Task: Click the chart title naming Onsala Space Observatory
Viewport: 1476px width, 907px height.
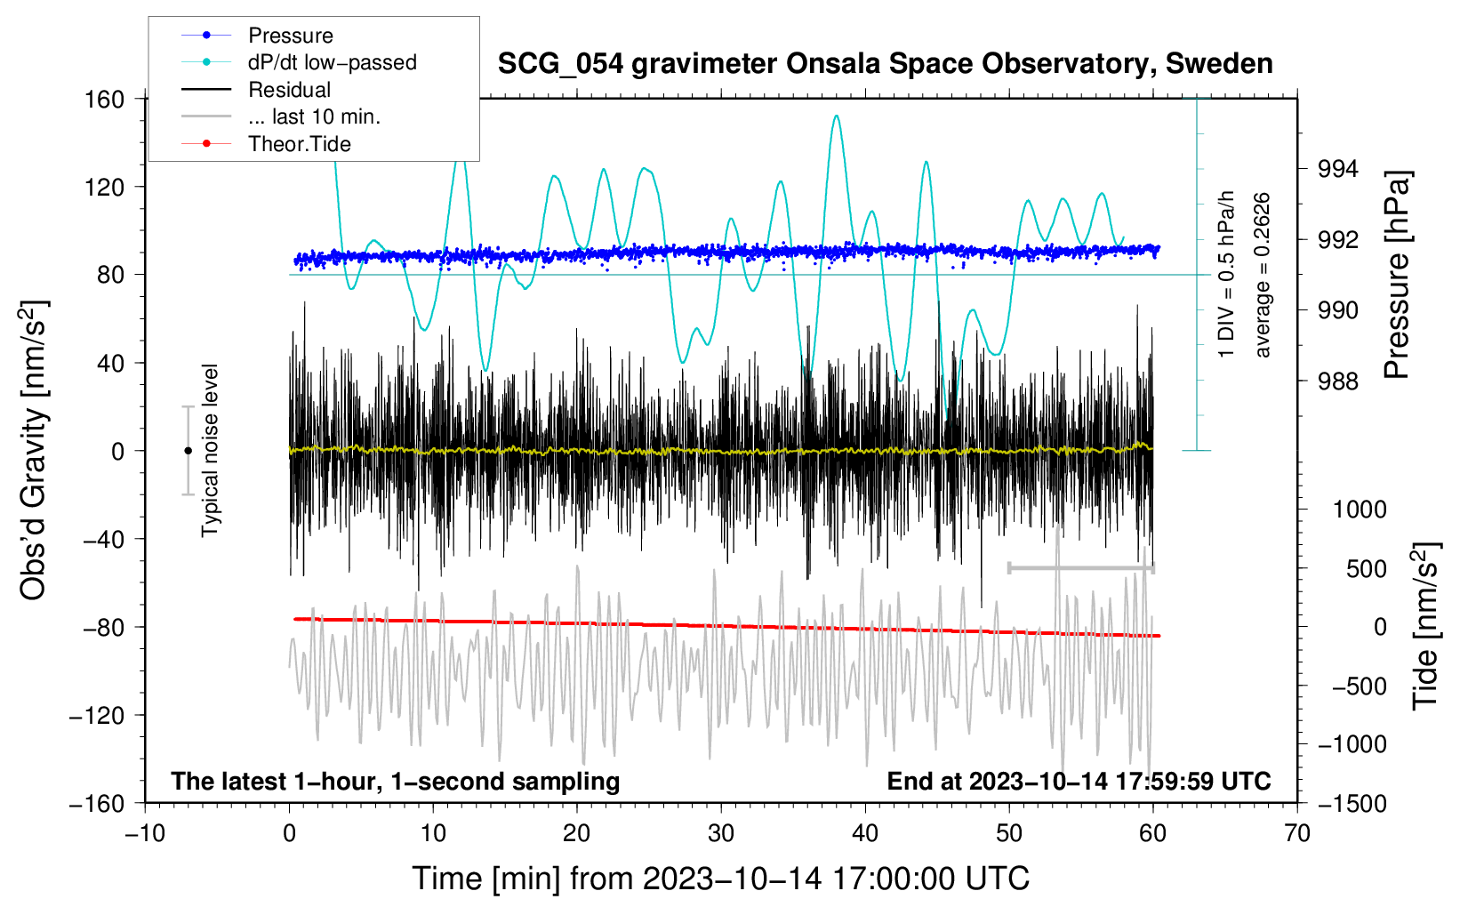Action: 885,64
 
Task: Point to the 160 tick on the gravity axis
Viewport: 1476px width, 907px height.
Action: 105,99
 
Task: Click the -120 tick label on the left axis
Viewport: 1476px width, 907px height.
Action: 97,715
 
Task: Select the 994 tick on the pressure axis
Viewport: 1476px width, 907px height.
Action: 1338,169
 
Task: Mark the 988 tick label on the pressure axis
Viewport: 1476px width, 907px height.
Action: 1338,381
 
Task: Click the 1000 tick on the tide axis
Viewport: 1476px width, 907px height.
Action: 1359,510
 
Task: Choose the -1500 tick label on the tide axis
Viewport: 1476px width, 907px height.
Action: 1352,803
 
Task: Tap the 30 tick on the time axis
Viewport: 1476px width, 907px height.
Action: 721,833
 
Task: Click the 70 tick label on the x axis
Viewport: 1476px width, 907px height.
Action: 1297,833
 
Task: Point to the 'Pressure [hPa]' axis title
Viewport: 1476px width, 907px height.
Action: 1398,276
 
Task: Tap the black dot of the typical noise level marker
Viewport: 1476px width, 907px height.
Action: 188,451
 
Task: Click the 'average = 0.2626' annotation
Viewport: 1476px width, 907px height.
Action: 1262,276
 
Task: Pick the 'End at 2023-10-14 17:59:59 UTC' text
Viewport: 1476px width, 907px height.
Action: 1079,781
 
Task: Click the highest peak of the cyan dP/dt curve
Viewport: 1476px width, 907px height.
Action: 836,116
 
